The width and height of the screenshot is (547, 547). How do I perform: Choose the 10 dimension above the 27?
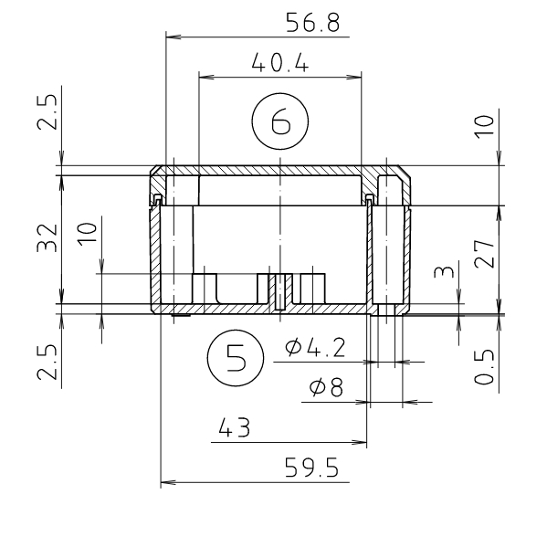[x=484, y=123]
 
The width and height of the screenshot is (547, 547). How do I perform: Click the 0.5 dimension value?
[x=484, y=365]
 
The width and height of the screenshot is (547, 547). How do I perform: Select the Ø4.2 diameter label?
[x=314, y=348]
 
